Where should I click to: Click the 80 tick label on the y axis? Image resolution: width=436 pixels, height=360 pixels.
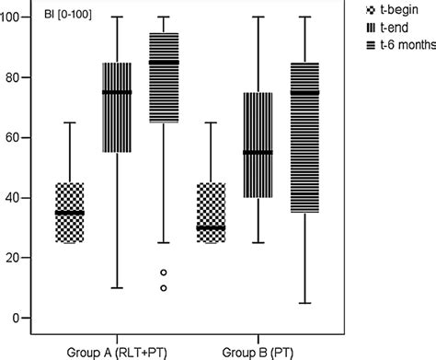point(17,77)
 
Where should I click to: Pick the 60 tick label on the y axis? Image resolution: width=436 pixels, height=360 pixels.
point(17,137)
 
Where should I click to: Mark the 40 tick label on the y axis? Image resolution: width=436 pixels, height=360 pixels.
point(17,198)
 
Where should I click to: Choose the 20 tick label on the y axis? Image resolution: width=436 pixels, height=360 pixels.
point(17,258)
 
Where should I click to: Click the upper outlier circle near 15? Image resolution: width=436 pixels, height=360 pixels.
point(164,273)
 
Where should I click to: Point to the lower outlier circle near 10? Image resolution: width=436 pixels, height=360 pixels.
point(164,288)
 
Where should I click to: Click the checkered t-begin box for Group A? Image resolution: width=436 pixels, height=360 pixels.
point(69,213)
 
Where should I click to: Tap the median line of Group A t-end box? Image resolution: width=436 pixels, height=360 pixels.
point(117,92)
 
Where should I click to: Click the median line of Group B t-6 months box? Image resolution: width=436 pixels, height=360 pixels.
point(304,92)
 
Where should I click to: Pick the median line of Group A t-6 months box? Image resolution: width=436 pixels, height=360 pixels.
point(164,63)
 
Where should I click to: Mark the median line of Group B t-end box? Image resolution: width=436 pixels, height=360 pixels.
point(258,152)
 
